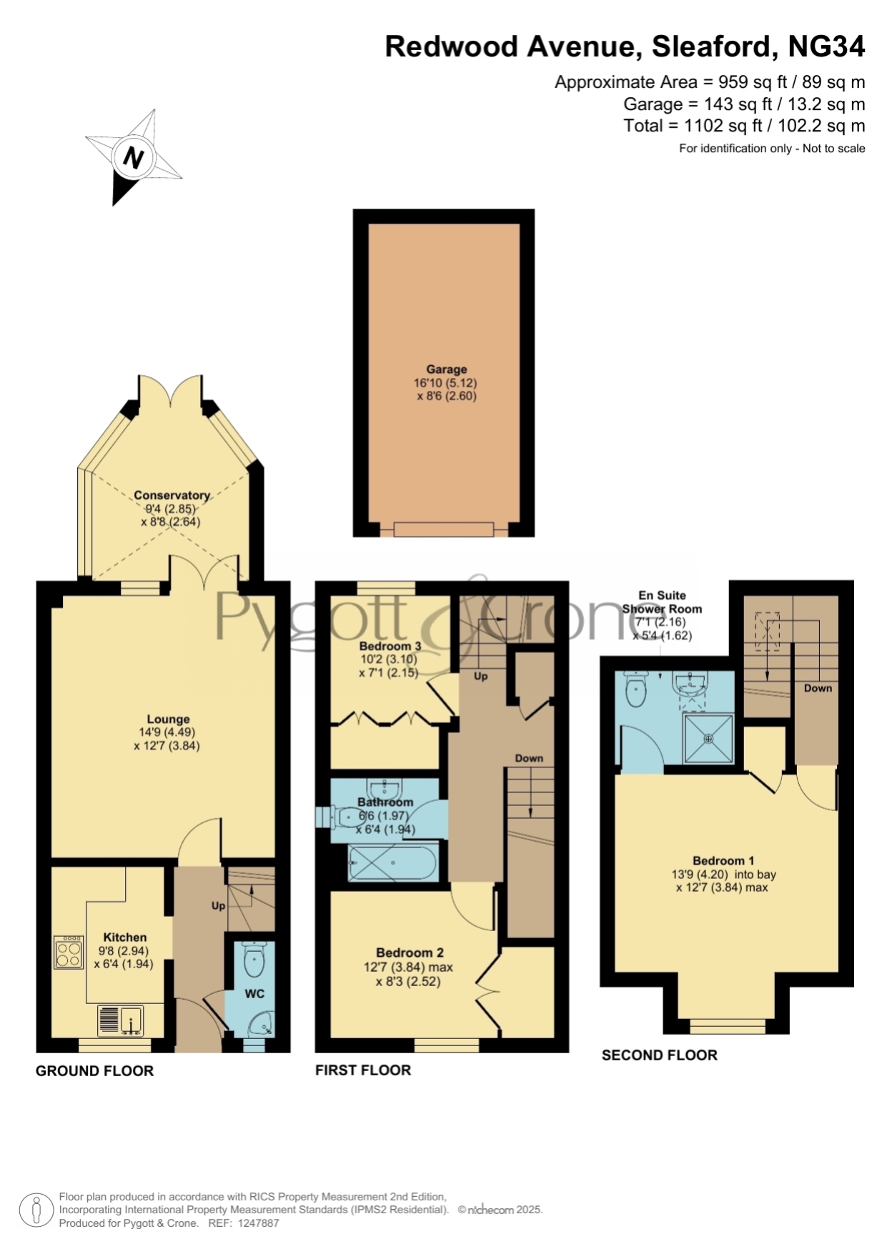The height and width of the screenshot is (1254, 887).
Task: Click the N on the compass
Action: click(x=133, y=156)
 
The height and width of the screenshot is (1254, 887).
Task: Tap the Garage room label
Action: click(x=447, y=369)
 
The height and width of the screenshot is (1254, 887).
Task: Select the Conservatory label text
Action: click(x=172, y=495)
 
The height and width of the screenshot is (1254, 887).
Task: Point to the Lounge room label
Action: click(x=169, y=720)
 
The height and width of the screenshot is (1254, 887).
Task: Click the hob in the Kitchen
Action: click(x=69, y=952)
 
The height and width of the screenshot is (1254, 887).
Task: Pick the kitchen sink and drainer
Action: click(x=121, y=1021)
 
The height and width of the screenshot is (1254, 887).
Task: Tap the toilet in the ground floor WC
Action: click(x=254, y=958)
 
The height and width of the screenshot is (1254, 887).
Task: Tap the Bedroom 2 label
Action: click(x=410, y=952)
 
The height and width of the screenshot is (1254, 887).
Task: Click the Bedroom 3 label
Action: click(x=390, y=646)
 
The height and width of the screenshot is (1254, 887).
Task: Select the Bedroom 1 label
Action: click(x=723, y=861)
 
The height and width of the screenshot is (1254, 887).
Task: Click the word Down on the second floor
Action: click(x=818, y=688)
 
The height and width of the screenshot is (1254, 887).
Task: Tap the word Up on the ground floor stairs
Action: click(x=218, y=906)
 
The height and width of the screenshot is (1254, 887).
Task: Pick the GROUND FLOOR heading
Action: click(x=95, y=1071)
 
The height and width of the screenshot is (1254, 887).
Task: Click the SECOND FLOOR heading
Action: click(x=660, y=1055)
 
